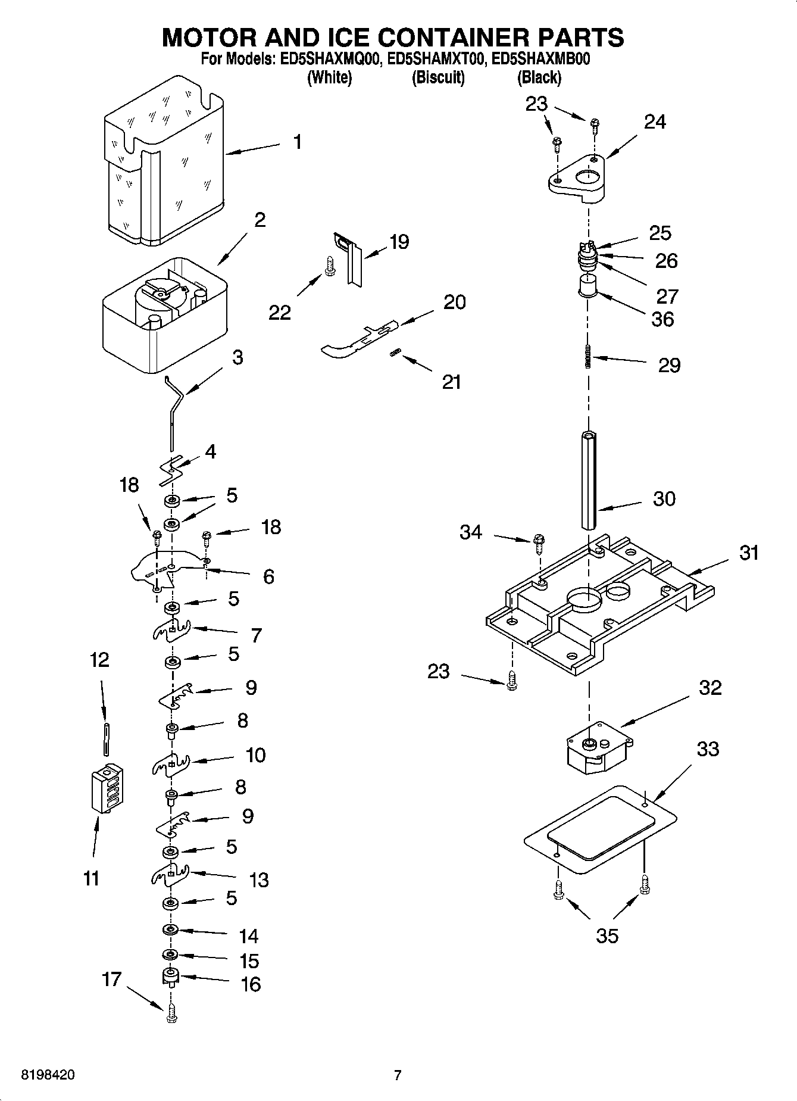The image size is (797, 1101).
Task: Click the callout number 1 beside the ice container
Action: click(297, 142)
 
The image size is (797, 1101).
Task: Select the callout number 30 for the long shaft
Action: click(664, 498)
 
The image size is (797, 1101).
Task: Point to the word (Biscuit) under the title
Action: click(438, 77)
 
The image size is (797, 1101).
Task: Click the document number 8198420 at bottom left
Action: click(48, 1075)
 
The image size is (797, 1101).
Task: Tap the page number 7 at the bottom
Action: click(398, 1075)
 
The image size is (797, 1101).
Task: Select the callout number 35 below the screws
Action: click(607, 936)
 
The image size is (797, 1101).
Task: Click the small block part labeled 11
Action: click(108, 788)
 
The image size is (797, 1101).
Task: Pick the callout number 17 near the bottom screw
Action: click(111, 979)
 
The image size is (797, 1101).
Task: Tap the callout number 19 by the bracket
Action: click(399, 242)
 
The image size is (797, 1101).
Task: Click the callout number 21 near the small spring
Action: click(451, 382)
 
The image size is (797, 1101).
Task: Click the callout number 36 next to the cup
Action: click(662, 319)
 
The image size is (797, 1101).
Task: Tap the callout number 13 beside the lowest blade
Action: click(259, 879)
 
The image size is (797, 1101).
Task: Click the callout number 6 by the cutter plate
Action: click(268, 576)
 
